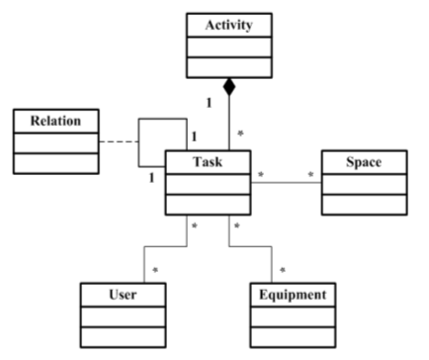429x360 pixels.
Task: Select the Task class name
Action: coord(209,160)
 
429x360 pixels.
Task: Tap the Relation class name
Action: coord(56,121)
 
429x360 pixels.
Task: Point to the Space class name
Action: coord(364,160)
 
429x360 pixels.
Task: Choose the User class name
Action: coord(123,295)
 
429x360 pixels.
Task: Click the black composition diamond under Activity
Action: coord(229,90)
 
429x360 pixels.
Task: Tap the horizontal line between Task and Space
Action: coord(287,181)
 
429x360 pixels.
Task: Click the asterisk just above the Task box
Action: coord(241,134)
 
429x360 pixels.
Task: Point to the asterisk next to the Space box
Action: coord(311,175)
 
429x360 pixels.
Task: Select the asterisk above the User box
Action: coord(155,269)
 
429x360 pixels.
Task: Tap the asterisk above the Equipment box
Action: coord(283,269)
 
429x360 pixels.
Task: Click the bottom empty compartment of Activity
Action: coord(228,66)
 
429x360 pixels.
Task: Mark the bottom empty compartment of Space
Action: coord(364,204)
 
